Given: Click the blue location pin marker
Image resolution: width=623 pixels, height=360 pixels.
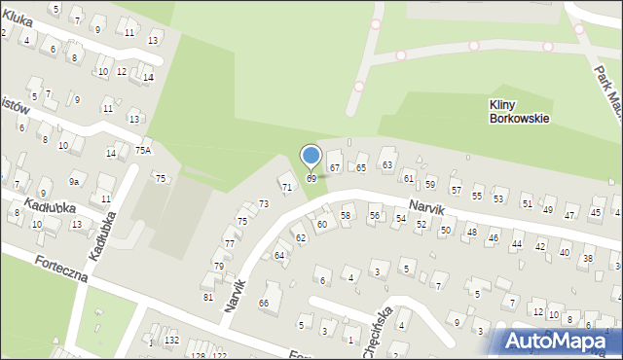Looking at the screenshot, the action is coord(311,156).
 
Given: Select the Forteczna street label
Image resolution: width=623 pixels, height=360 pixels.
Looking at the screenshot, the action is coord(61,270).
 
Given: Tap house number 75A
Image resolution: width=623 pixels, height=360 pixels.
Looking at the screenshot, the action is coord(143,151).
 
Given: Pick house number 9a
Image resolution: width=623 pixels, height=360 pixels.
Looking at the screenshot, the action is coord(73,181).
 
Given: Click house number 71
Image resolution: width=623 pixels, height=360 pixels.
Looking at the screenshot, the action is coord(286,186).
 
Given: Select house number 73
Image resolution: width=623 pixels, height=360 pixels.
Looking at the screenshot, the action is coord(263,203).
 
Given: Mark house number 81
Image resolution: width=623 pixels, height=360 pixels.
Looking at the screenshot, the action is coord(207,297).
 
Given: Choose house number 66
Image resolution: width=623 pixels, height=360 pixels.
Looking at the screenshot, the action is coord(263,304).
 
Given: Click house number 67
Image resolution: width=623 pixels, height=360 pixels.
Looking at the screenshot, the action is coord(334,168).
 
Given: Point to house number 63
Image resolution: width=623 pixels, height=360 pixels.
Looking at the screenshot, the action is coord(386,164).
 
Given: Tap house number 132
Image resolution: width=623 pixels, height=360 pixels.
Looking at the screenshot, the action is coord(171,340).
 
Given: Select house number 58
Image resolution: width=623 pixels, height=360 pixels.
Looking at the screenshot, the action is coord(346,214).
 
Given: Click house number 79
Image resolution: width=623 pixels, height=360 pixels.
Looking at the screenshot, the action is coord(219,266).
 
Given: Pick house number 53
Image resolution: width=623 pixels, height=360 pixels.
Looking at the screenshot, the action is coord(498,198).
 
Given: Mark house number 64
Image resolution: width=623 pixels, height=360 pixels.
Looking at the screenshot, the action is coord(279,255).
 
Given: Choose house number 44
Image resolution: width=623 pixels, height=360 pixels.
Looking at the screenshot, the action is coord(516,245).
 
